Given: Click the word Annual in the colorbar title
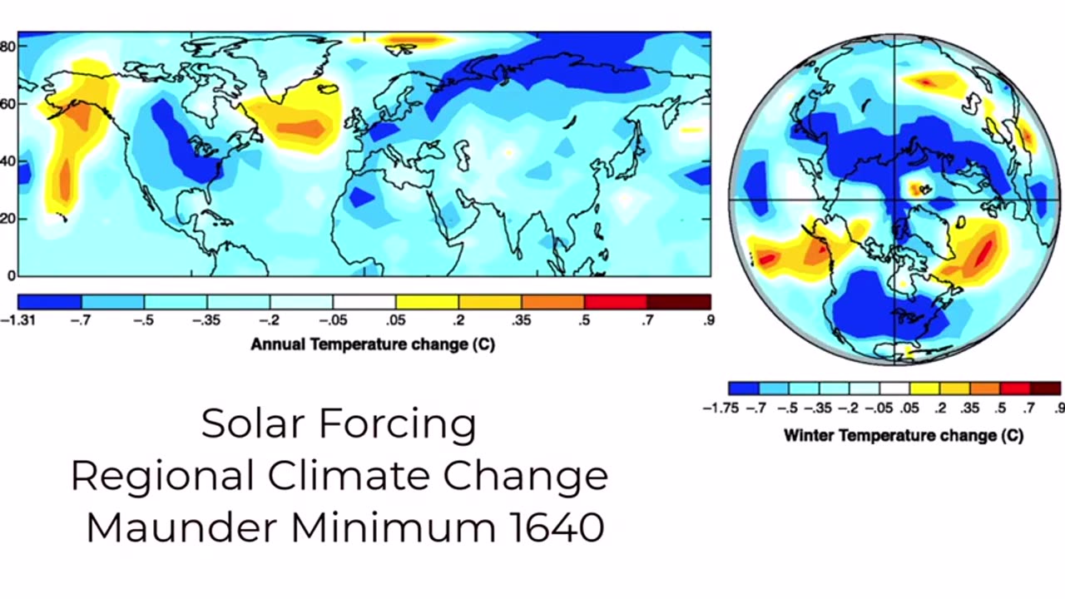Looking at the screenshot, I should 278,344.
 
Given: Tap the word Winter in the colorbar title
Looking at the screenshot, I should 808,435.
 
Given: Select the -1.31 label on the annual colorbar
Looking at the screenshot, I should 18,320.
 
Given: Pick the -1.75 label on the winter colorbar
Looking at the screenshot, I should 721,408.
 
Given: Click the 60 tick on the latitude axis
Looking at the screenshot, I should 7,104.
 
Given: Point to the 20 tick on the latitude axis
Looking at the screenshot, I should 7,219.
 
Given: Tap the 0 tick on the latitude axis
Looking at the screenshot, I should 10,275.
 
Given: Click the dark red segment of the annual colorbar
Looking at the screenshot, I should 679,302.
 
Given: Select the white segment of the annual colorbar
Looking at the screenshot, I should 364,302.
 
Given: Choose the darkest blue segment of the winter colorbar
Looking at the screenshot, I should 743,389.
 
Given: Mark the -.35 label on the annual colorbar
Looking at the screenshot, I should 206,320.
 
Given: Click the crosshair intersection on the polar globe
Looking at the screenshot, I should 894,200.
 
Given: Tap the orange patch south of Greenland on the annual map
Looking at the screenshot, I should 301,128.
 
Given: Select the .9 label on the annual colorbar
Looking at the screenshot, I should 708,320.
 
